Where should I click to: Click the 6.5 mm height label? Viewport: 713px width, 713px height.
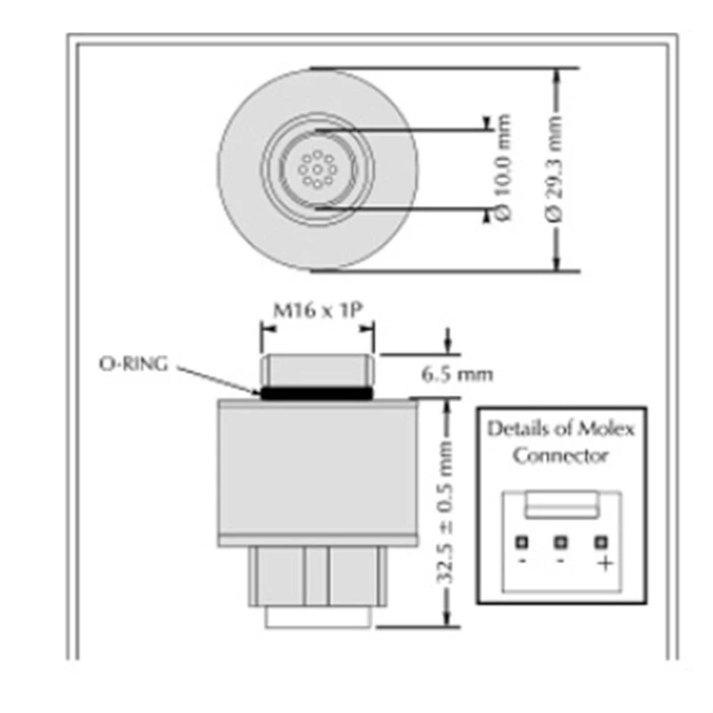pyautogui.click(x=457, y=373)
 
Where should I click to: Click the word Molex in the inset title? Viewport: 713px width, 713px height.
pyautogui.click(x=610, y=429)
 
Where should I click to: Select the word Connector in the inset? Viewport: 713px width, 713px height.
pyautogui.click(x=561, y=455)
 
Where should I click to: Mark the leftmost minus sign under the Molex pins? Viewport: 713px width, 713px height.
pyautogui.click(x=522, y=563)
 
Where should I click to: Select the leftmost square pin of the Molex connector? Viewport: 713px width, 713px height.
pyautogui.click(x=522, y=541)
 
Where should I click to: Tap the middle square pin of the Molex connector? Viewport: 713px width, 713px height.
pyautogui.click(x=562, y=541)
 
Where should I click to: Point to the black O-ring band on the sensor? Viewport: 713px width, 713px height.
pyautogui.click(x=316, y=391)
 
